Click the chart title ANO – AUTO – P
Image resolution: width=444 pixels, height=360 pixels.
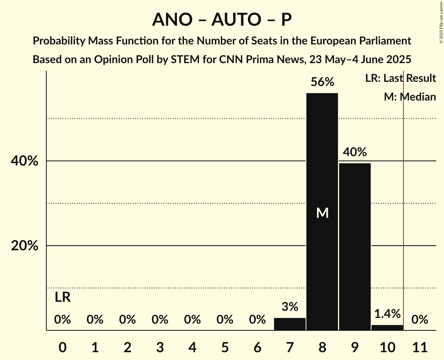(222, 19)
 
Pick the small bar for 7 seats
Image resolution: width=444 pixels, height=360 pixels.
(290, 324)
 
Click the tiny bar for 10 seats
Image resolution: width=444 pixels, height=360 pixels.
(387, 328)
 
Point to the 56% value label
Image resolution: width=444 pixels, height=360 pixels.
(322, 82)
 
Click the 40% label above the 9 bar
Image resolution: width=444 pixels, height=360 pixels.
(355, 152)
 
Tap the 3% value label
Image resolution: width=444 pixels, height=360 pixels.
(290, 307)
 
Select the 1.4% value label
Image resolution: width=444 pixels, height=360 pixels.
(387, 314)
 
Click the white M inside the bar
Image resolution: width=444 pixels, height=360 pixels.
(322, 213)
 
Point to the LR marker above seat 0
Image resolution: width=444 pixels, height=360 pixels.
(62, 298)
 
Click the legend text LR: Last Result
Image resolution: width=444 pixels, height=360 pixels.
(400, 78)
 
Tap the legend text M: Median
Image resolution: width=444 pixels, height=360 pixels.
(410, 97)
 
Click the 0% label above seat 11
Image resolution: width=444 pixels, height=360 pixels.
(420, 320)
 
